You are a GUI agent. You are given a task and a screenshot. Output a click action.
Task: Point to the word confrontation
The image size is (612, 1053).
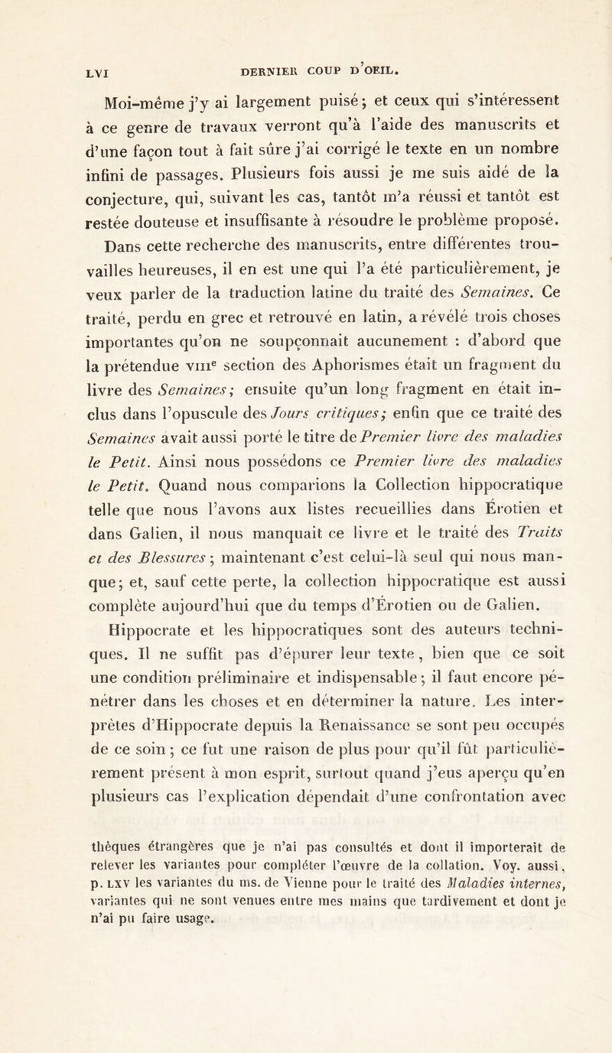[478, 825]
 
